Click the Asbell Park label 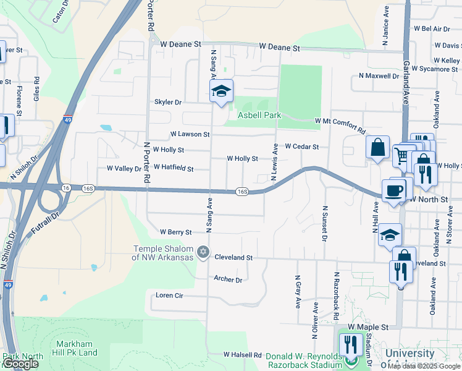(x=259, y=115)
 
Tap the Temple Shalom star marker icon (x=203, y=252)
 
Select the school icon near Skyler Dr (x=220, y=92)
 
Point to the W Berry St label (x=176, y=232)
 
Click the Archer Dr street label (x=228, y=279)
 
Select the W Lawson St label (x=190, y=134)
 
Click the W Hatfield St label (x=174, y=168)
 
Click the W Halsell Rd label (x=243, y=355)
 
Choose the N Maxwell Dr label (x=379, y=76)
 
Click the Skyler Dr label (x=168, y=102)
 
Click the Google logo (x=20, y=364)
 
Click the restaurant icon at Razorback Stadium (x=351, y=344)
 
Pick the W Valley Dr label (x=124, y=168)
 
